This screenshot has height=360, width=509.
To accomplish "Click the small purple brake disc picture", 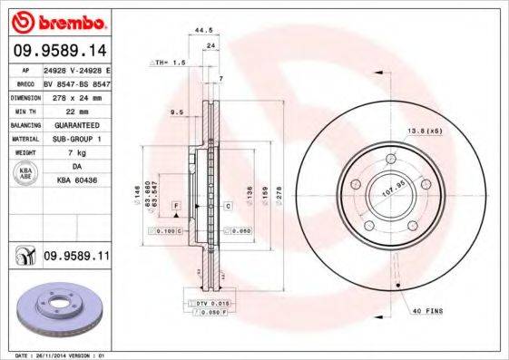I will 59,307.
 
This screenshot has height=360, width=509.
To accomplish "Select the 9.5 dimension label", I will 177,112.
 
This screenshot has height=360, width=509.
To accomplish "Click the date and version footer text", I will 56,355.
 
